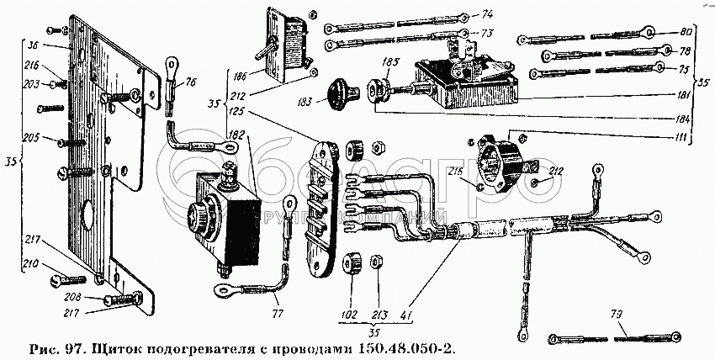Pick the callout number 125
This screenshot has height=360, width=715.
pos(237,111)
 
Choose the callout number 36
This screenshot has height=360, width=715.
pos(34,46)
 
